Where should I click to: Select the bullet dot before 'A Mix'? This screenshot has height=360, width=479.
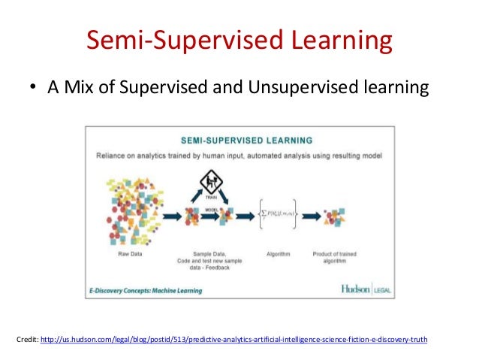coord(33,89)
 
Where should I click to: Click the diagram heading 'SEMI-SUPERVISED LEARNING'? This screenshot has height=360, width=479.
coord(239,141)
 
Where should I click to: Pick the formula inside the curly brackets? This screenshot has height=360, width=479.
coord(276,213)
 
